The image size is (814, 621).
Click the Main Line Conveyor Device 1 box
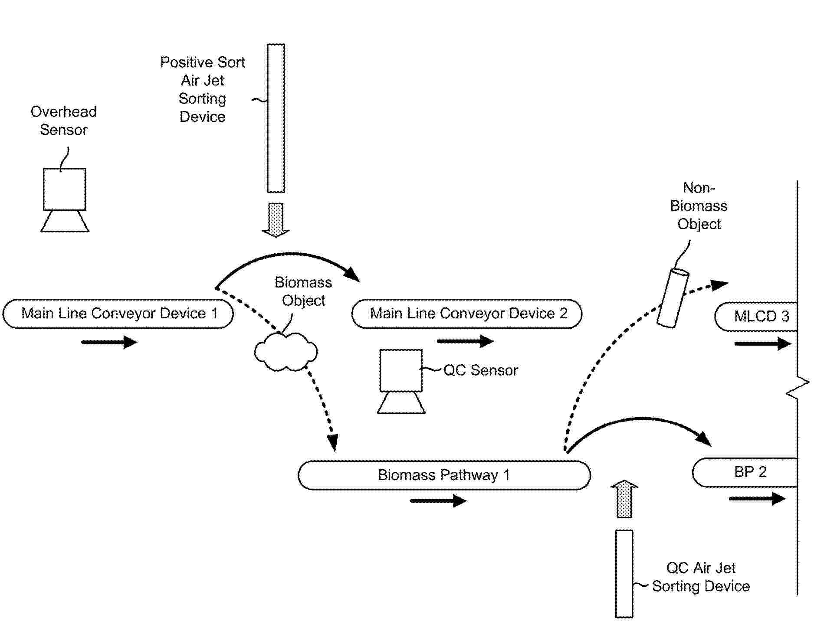[118, 314]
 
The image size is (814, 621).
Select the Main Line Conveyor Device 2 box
[467, 314]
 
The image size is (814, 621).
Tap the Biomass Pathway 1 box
[444, 475]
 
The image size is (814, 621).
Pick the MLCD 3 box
[756, 317]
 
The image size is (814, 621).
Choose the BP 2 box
[745, 472]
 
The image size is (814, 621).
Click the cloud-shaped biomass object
[286, 352]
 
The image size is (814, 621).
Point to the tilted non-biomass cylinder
[673, 298]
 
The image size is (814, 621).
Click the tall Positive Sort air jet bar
[276, 118]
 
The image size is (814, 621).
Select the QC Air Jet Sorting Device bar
[624, 573]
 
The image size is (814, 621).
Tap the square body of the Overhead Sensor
[64, 189]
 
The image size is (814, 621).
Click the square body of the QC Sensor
[401, 370]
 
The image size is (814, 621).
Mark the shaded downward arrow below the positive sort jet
[276, 220]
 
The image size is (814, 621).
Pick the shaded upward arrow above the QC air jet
[624, 499]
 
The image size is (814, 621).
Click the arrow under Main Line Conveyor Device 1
[109, 342]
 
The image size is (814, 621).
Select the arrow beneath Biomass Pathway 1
[438, 501]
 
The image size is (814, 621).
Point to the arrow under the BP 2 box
[757, 498]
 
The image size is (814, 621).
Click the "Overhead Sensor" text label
[64, 121]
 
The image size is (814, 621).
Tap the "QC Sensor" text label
[481, 370]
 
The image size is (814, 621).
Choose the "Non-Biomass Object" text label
[699, 206]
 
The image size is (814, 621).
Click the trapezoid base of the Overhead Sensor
[65, 221]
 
